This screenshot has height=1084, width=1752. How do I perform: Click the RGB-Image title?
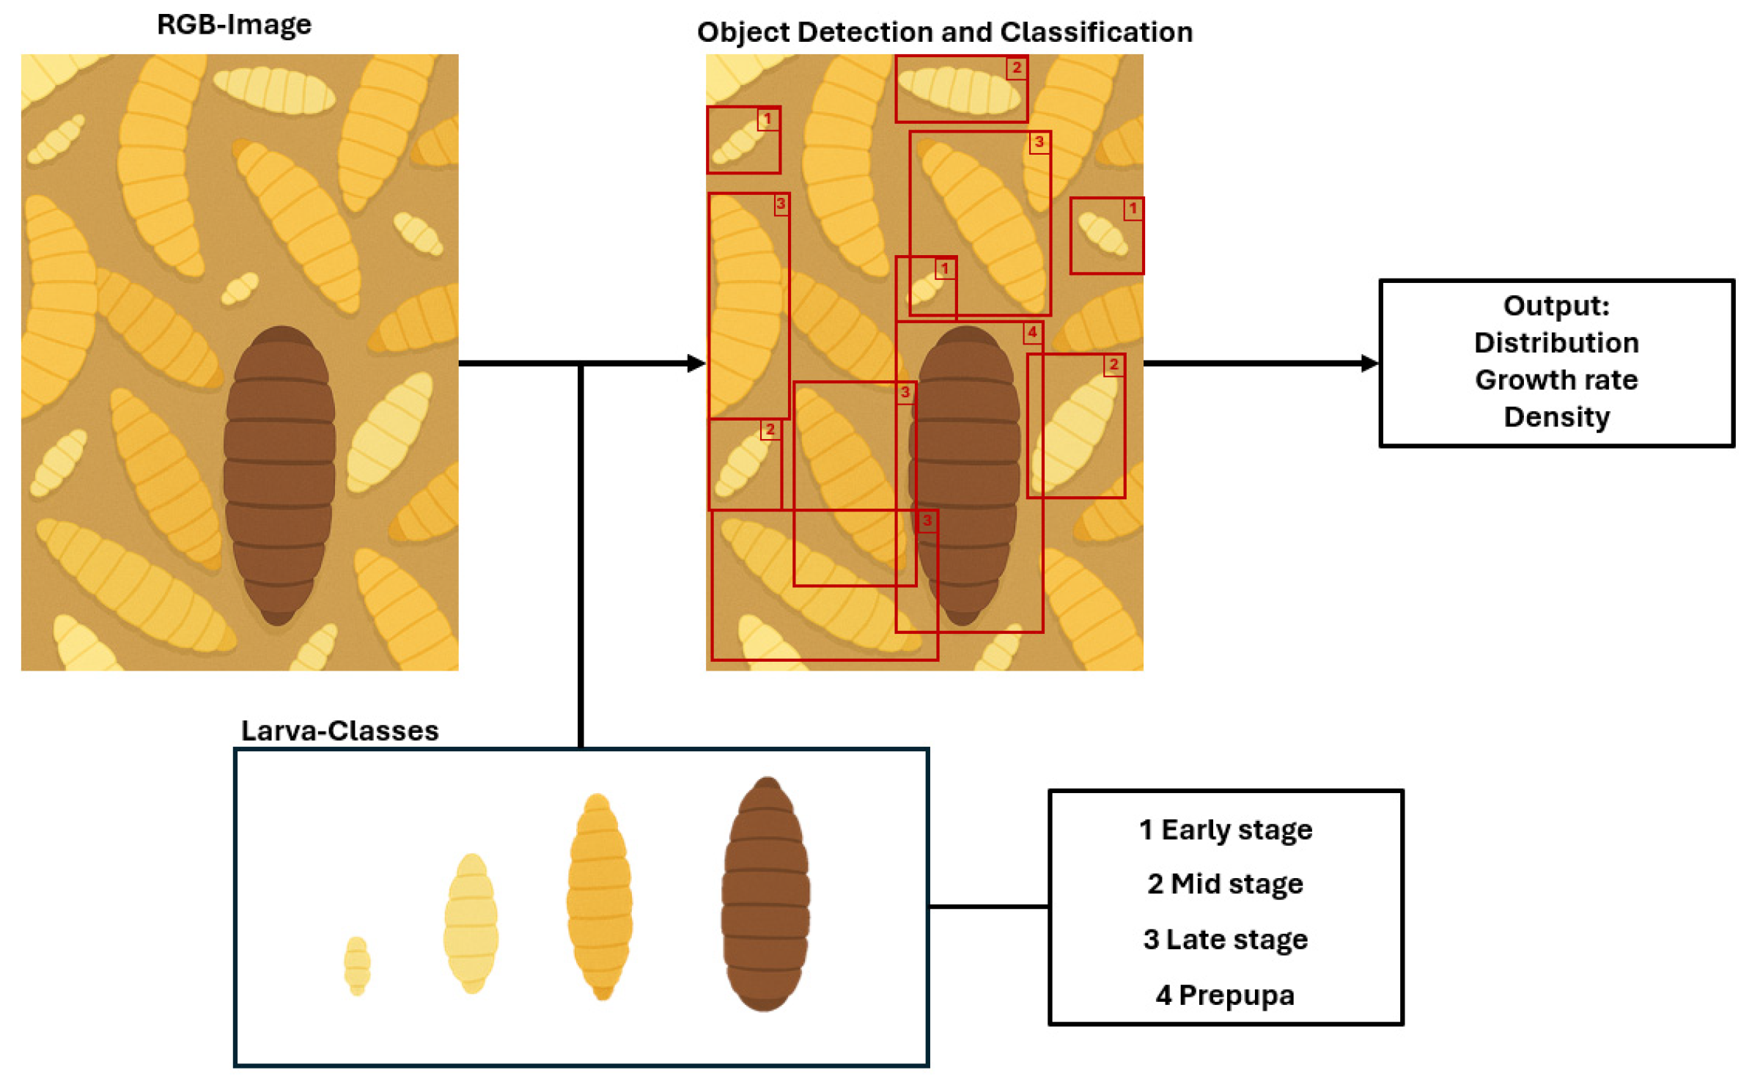pyautogui.click(x=234, y=25)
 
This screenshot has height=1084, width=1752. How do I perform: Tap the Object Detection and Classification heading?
pyautogui.click(x=944, y=32)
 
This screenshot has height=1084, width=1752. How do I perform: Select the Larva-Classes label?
pyautogui.click(x=339, y=731)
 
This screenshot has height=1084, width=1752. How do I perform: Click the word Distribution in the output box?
pyautogui.click(x=1556, y=343)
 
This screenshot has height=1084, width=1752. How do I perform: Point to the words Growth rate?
pyautogui.click(x=1556, y=380)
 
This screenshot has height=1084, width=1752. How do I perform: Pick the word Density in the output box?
pyautogui.click(x=1556, y=417)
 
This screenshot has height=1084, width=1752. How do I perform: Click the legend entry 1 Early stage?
pyautogui.click(x=1225, y=830)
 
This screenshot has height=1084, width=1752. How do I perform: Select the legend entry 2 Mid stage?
pyautogui.click(x=1225, y=884)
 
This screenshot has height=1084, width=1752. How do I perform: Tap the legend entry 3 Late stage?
pyautogui.click(x=1225, y=939)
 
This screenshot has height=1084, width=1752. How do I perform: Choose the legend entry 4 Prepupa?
pyautogui.click(x=1225, y=995)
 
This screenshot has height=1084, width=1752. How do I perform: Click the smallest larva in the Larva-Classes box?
pyautogui.click(x=357, y=965)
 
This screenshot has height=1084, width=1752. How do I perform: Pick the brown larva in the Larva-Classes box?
pyautogui.click(x=765, y=894)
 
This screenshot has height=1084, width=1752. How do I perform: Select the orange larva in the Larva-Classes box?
pyautogui.click(x=600, y=896)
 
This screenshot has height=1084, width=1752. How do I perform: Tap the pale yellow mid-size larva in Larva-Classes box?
pyautogui.click(x=471, y=923)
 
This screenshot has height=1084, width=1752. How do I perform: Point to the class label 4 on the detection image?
pyautogui.click(x=1031, y=333)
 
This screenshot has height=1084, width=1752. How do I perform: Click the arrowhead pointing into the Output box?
pyautogui.click(x=1369, y=363)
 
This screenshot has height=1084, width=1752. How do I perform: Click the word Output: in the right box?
pyautogui.click(x=1556, y=306)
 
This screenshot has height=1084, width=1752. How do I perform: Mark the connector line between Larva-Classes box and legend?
pyautogui.click(x=988, y=907)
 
